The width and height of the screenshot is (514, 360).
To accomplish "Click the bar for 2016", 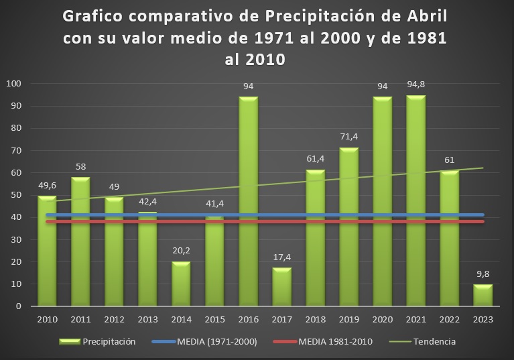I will click(248, 201).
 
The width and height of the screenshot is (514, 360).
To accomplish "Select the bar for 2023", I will click(483, 296).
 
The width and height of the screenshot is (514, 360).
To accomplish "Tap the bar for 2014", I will click(181, 284).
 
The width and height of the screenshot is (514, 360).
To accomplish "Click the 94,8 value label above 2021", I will click(415, 85).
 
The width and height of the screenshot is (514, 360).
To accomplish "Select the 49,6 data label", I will click(47, 186).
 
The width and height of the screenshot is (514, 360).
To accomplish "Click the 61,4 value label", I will click(315, 160).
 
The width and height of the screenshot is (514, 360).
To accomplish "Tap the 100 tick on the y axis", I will click(14, 84).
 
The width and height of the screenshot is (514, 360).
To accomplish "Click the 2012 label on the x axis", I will click(114, 320).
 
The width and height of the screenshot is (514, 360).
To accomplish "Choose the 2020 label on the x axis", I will click(382, 320).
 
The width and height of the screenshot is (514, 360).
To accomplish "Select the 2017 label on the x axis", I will click(281, 320).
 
